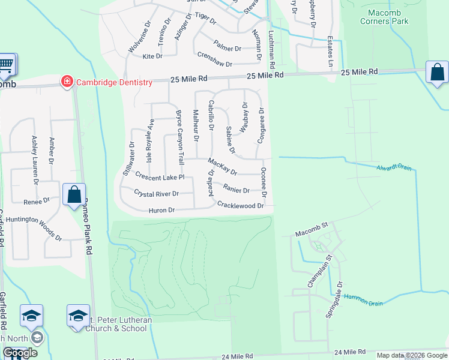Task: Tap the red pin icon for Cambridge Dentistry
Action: point(67,82)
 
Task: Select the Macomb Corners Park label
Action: point(384,16)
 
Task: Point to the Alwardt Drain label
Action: point(395,167)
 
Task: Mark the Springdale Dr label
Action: point(340,300)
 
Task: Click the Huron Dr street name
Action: point(161,211)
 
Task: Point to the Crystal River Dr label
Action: point(156,194)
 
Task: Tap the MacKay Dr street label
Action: point(223,163)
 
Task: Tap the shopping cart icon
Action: point(6,64)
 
